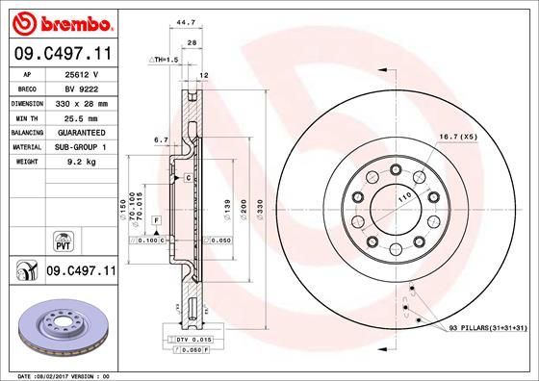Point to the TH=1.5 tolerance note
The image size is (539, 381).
pos(165,60)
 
